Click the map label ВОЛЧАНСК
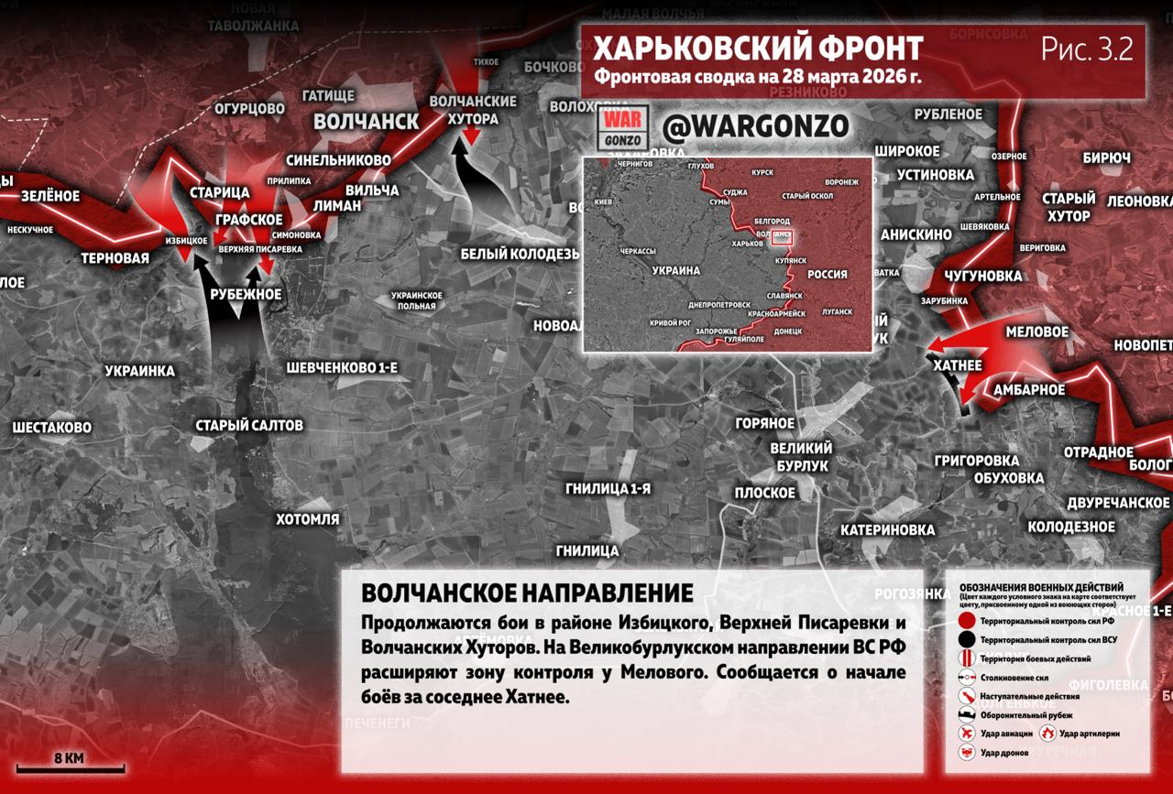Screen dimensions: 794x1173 [x=366, y=122]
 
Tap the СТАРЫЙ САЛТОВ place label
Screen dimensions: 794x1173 [x=249, y=425]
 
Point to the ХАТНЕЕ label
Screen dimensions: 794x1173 [x=957, y=365]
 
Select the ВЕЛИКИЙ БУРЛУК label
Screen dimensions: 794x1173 [x=801, y=456]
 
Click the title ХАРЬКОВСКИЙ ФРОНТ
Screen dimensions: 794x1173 [x=757, y=48]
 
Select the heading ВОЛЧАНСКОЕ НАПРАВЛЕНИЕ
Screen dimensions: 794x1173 [x=527, y=591]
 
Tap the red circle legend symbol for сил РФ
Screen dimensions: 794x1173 [x=966, y=622]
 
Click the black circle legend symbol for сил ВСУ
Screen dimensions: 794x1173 [x=966, y=640]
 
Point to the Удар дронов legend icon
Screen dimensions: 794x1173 [x=966, y=752]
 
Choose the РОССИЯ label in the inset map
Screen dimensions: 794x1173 [x=827, y=274]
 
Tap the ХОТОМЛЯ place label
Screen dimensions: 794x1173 [x=308, y=519]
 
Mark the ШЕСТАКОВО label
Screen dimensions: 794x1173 [x=51, y=427]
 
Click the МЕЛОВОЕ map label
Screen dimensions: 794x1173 [x=1036, y=332]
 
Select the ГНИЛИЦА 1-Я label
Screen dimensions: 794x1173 [x=608, y=488]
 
